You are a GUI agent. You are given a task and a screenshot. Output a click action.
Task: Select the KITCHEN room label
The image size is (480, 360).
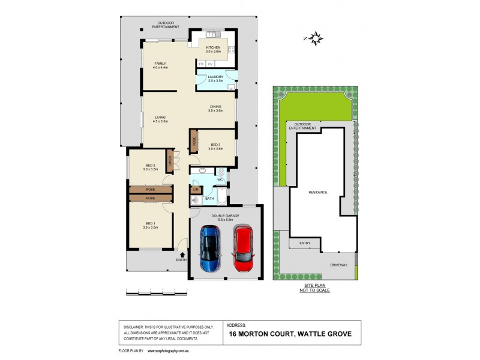pyautogui.click(x=214, y=47)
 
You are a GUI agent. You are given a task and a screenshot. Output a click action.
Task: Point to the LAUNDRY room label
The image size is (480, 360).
pyautogui.click(x=215, y=77)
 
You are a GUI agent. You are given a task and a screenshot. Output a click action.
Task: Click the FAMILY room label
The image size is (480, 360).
pyautogui.click(x=160, y=63)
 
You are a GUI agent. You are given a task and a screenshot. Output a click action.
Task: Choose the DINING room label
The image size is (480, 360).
pyautogui.click(x=215, y=107)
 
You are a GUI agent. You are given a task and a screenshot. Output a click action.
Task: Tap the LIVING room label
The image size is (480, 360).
pyautogui.click(x=160, y=118)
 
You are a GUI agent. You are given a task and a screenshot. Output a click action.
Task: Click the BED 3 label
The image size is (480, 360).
pyautogui.click(x=215, y=145)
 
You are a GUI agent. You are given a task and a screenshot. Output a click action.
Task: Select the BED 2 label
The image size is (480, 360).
pyautogui.click(x=151, y=166)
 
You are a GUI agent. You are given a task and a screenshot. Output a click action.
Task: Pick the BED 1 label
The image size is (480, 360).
pyautogui.click(x=151, y=224)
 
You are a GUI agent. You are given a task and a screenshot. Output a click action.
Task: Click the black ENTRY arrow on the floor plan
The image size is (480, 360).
pyautogui.click(x=182, y=254)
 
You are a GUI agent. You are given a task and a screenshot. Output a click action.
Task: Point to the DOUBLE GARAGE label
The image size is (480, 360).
pyautogui.click(x=226, y=215)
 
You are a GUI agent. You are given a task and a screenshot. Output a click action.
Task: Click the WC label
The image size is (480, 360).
pyautogui.click(x=220, y=179)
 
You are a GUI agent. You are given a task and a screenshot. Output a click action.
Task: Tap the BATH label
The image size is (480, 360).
pyautogui.click(x=209, y=198)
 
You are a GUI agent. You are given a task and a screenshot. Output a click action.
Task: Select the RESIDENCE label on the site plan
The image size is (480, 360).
pyautogui.click(x=317, y=192)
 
